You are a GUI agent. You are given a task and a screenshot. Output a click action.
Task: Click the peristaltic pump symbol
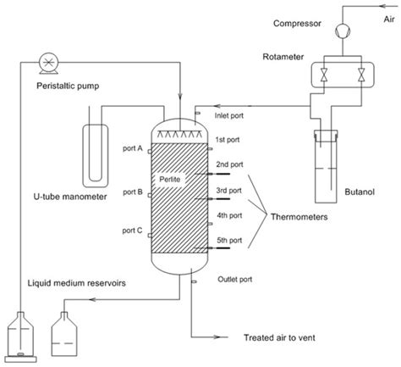(47, 60)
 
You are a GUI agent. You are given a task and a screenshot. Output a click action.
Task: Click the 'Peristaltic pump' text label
(50, 86)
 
